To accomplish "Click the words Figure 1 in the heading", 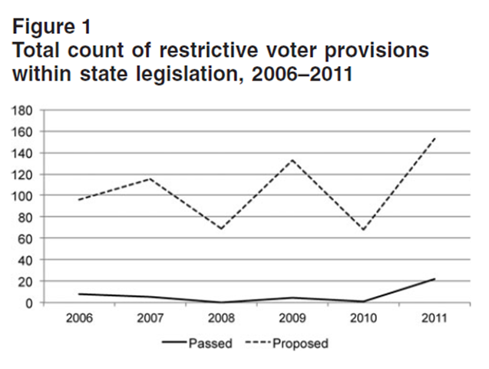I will tap(52, 26).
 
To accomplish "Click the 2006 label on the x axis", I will tap(79, 317).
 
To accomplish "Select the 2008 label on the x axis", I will tap(221, 317).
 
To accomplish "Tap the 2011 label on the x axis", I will tap(434, 317).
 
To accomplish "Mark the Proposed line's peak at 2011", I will tap(434, 138).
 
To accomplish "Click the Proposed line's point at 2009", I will tap(292, 160).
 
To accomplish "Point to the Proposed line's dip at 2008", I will tap(221, 229).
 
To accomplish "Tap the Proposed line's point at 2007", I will tap(150, 178).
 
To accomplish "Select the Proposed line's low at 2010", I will tap(363, 230).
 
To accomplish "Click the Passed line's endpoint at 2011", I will tap(434, 279).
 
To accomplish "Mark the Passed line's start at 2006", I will tap(79, 294).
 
